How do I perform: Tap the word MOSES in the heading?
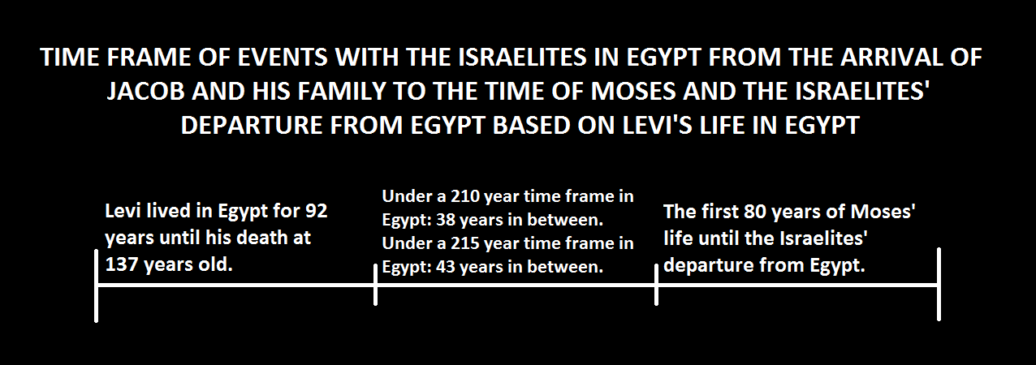633,91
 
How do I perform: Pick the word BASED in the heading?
531,125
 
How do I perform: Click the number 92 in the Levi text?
317,211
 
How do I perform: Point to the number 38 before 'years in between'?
446,220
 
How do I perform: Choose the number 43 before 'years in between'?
446,267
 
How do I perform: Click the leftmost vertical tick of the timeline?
96,286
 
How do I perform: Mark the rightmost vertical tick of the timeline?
939,284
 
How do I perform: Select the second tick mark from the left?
375,285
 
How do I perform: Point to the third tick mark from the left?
656,285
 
